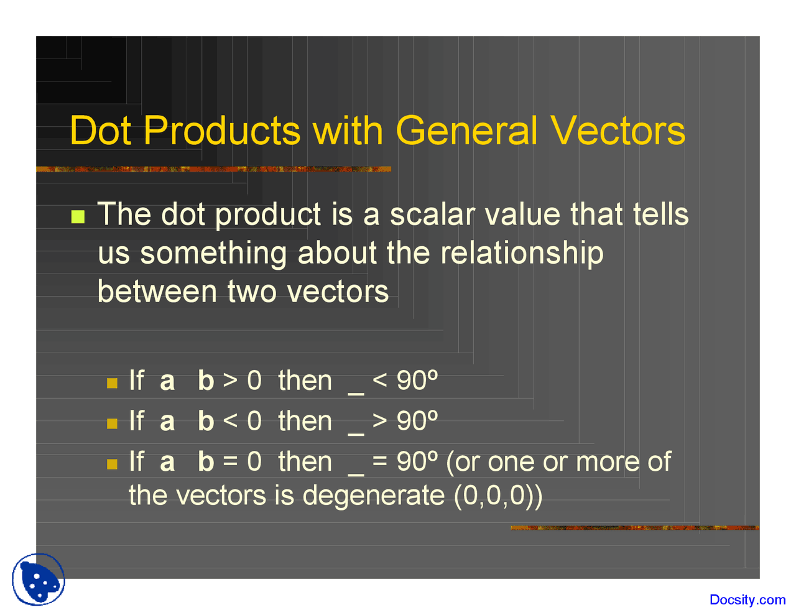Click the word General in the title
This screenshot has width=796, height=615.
coord(466,131)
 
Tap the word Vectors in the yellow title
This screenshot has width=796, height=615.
coord(618,131)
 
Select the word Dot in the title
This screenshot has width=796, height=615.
coord(100,131)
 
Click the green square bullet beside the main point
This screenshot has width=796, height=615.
coord(78,216)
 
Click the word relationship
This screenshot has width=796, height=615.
coord(522,254)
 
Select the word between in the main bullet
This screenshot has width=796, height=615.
coord(157,292)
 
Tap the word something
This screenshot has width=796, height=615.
coord(213,254)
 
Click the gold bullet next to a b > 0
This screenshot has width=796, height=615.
coord(112,383)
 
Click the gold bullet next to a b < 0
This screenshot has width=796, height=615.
coord(112,423)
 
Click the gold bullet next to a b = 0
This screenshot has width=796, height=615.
coord(112,464)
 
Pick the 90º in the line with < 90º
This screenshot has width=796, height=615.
coord(417,380)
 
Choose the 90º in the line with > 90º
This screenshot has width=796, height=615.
coord(417,421)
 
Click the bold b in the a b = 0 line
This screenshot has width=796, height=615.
coord(206,461)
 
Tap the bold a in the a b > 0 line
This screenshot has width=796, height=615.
coord(167,382)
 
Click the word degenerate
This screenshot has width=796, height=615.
coord(374,497)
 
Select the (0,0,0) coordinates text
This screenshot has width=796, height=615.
coord(494,497)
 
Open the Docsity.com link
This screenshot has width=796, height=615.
coord(747,599)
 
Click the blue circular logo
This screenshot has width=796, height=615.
coord(38,580)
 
